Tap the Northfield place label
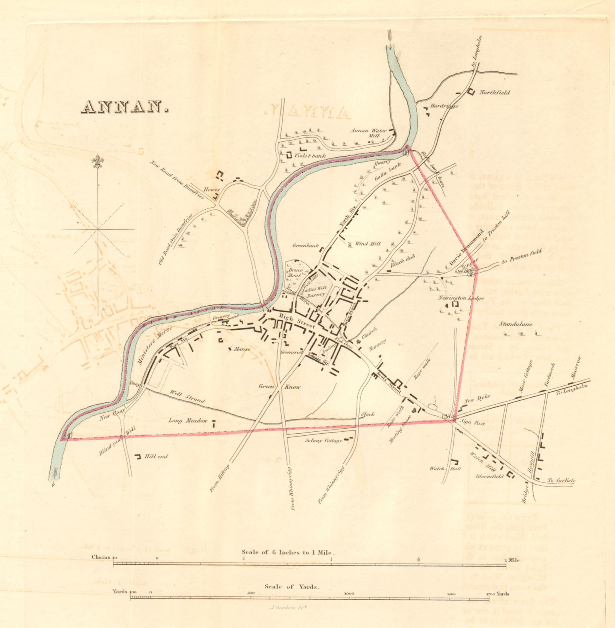coord(494,93)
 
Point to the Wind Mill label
coord(368,244)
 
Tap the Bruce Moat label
coord(295,273)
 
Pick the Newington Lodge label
coord(458,298)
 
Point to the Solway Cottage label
coord(324,441)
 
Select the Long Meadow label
coord(188,421)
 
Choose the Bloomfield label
coord(489,476)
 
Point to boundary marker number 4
coord(68,435)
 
